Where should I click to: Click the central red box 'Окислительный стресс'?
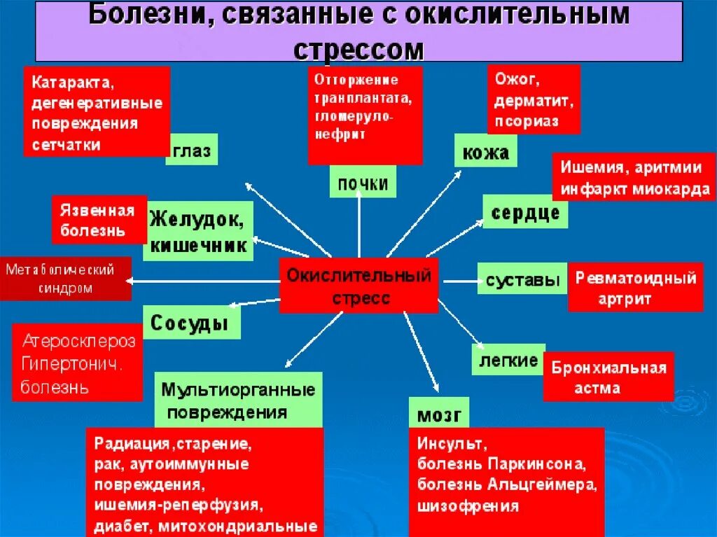(358, 285)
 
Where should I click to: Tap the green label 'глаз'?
(191, 151)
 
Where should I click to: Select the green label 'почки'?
(363, 183)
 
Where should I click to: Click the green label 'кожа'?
(486, 152)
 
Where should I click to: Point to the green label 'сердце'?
(525, 211)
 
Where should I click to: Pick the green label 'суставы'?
(522, 281)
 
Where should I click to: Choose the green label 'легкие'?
(508, 360)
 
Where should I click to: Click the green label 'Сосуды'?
(190, 323)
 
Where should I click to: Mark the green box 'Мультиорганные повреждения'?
(238, 400)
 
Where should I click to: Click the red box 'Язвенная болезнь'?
(98, 219)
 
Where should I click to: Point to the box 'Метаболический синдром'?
(65, 278)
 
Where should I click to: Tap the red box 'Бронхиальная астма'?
(608, 377)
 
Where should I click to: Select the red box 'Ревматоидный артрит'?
(635, 287)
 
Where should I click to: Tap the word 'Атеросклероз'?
(79, 342)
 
